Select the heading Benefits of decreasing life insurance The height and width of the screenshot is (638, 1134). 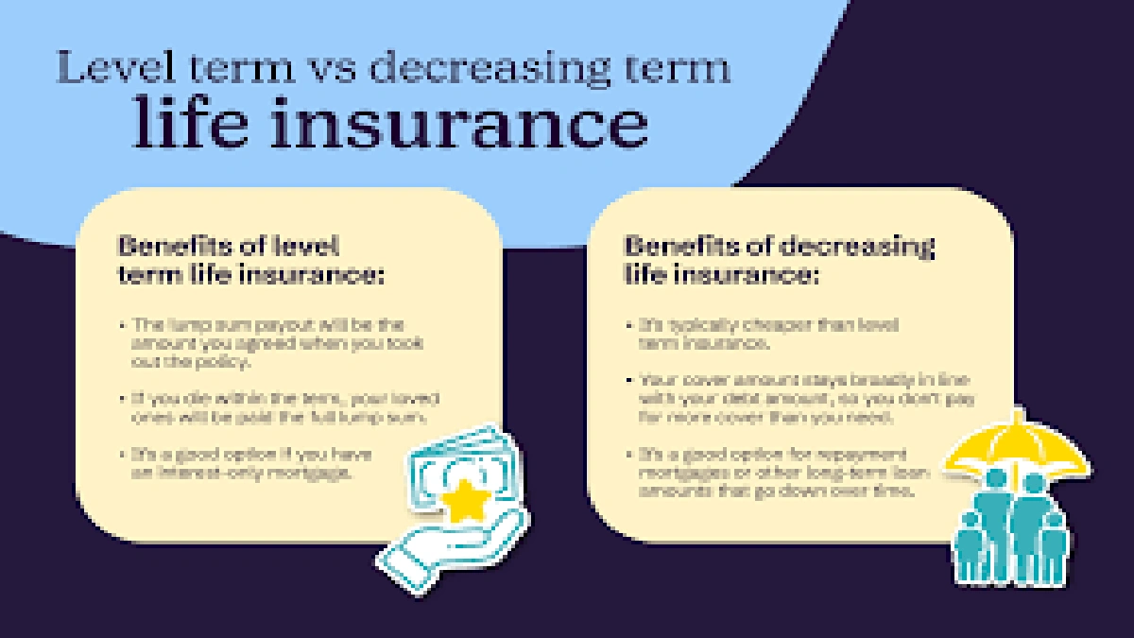coord(779,260)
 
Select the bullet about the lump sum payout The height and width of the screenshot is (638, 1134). coord(274,342)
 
